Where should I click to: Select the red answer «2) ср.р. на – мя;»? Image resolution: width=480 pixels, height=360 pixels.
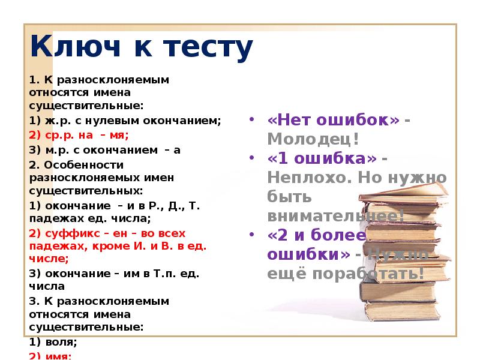(79, 136)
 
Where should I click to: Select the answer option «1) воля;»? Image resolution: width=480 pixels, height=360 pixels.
(53, 342)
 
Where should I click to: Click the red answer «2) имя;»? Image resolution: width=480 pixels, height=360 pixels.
(50, 355)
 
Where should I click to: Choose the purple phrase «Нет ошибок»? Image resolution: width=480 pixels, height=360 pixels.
(334, 119)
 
